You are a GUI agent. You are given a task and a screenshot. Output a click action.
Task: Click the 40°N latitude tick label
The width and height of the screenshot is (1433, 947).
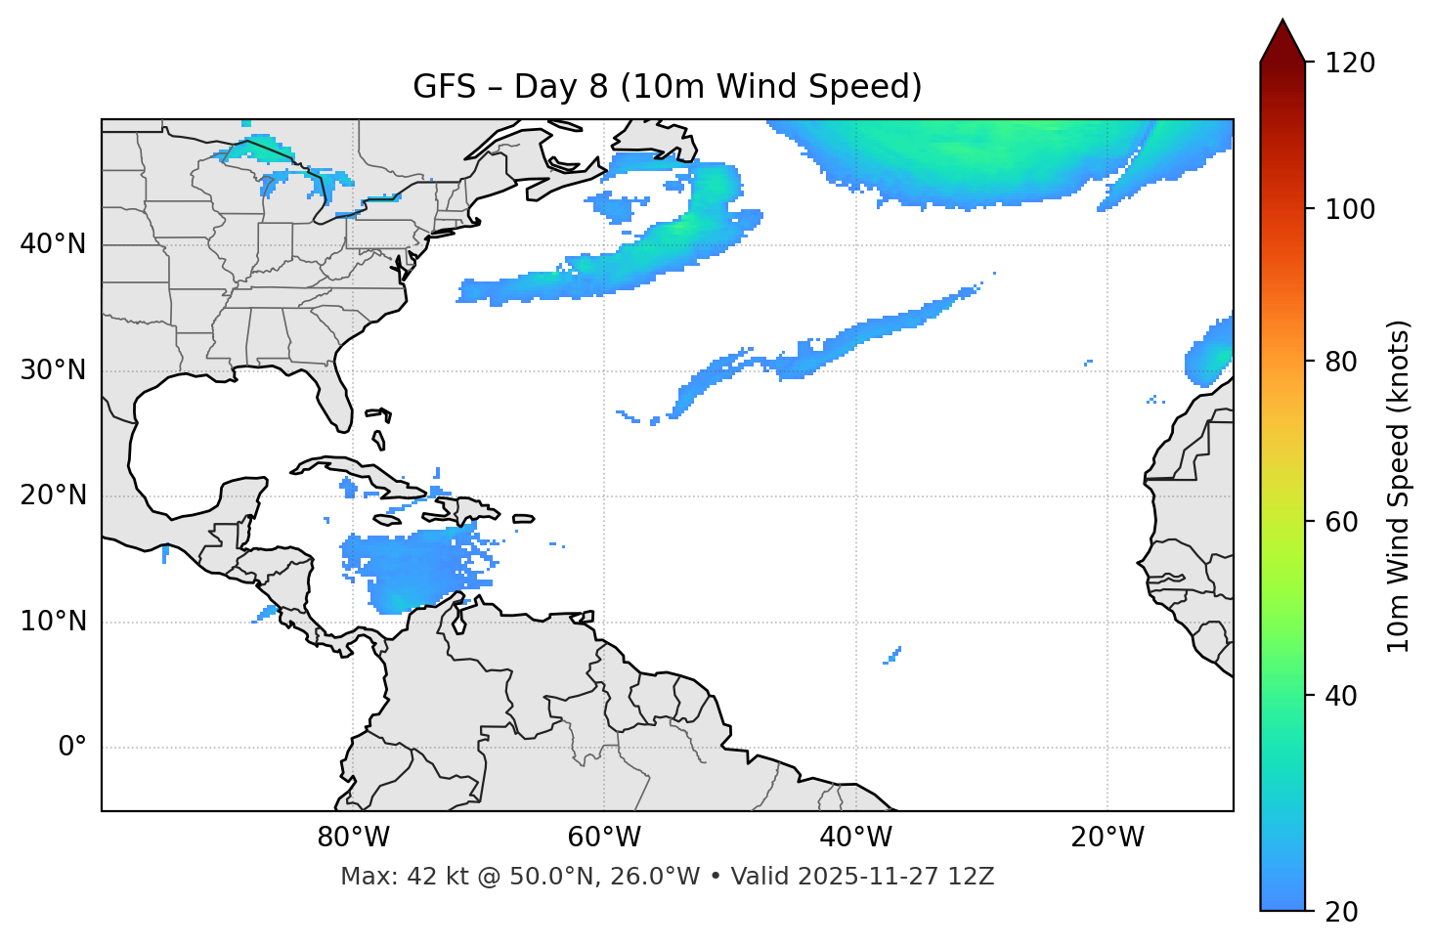(53, 244)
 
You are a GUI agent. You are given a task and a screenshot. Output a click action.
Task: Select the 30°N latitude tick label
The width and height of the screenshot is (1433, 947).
(53, 370)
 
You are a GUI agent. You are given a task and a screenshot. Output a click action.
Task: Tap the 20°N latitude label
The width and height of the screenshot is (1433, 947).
(53, 495)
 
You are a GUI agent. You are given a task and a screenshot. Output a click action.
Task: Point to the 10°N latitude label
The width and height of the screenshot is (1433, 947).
(53, 622)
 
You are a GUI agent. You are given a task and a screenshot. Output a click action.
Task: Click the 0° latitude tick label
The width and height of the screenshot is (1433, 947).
(71, 748)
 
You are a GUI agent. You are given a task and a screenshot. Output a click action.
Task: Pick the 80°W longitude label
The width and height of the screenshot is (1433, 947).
(353, 838)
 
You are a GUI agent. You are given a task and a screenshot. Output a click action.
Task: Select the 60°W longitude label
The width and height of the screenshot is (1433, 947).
(604, 838)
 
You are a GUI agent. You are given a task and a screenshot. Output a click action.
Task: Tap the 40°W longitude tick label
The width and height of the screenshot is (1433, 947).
(855, 838)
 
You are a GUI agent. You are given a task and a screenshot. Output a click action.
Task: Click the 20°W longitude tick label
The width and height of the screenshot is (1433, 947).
(1107, 838)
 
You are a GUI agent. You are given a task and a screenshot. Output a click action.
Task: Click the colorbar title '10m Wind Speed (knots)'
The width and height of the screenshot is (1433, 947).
(1399, 486)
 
